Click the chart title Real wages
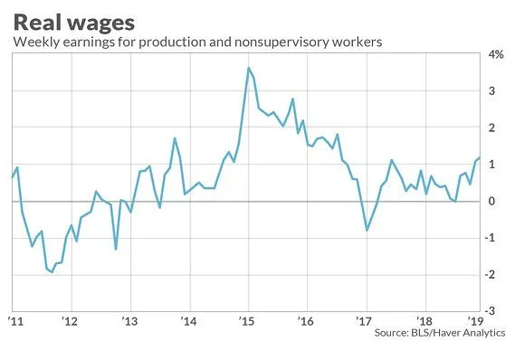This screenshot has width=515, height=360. [74, 23]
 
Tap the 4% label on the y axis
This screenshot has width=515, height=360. [496, 54]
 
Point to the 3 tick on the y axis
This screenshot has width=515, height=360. [491, 90]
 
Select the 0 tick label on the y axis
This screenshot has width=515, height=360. [491, 201]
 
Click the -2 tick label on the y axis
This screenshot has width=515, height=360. [490, 274]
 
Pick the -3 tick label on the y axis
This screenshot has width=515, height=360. [490, 311]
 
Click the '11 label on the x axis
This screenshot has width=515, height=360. [16, 321]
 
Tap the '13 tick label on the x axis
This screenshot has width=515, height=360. [130, 321]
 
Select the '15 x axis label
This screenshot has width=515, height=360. [247, 321]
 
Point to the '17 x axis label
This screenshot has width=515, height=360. [364, 321]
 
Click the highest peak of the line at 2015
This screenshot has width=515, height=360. [249, 68]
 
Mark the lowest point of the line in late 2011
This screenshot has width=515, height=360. [52, 272]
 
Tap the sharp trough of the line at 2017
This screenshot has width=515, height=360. [367, 231]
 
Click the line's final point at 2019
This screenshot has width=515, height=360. [480, 157]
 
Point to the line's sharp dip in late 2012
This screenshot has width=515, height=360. [116, 249]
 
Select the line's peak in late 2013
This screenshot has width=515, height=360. [175, 138]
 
